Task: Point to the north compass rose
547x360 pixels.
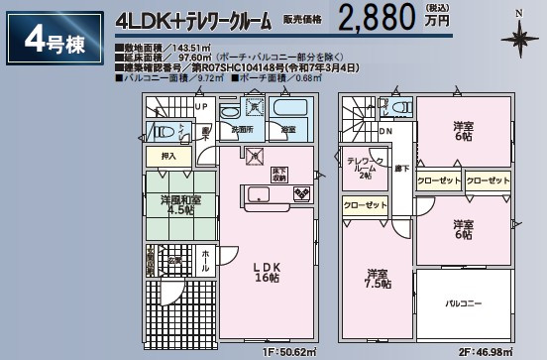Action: [x=518, y=39]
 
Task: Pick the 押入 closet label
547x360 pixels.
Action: [x=169, y=157]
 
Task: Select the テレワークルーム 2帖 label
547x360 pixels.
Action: [x=361, y=169]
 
